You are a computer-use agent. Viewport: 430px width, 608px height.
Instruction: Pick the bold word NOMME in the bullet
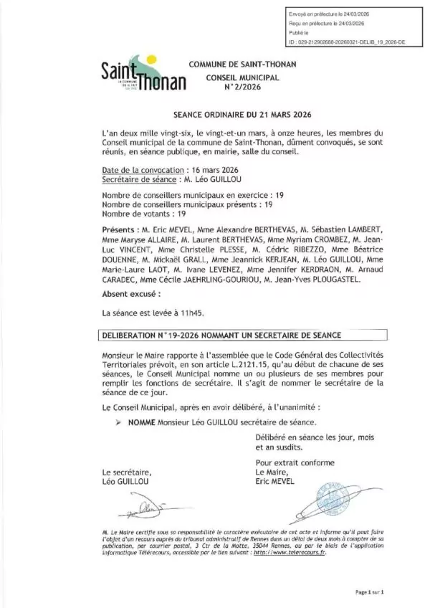coord(133,424)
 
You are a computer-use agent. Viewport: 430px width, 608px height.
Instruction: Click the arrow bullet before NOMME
coord(117,424)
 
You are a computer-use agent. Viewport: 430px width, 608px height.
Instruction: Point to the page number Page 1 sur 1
coord(370,592)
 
